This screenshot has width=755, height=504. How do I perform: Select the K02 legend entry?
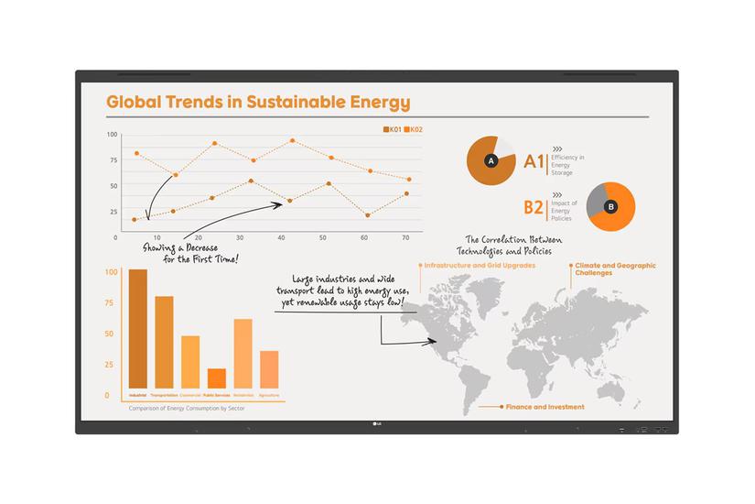pos(414,129)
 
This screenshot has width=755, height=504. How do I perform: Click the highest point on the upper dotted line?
pos(292,141)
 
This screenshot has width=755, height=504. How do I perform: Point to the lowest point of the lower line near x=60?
pos(367,215)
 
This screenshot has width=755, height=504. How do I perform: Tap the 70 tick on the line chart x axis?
pos(405,237)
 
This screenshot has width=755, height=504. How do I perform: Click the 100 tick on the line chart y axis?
pos(113,135)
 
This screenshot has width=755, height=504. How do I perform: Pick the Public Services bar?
pos(217,378)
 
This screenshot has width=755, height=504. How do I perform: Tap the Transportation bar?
pos(165,341)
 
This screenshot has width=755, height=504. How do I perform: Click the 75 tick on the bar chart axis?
pos(111,302)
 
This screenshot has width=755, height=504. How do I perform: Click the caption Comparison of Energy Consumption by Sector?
pos(187,408)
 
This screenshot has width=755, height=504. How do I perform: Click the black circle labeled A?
pos(491,161)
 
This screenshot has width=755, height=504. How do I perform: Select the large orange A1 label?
pos(534,162)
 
